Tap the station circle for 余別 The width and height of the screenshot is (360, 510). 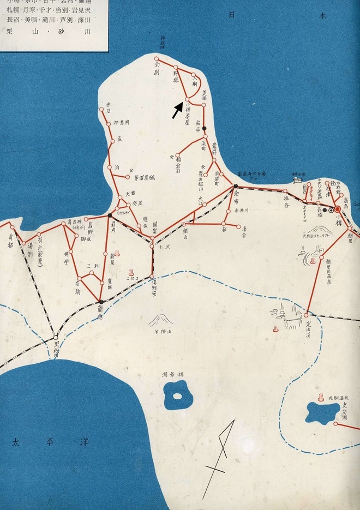pyautogui.click(x=157, y=59)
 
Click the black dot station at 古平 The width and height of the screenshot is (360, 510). pyautogui.click(x=205, y=128)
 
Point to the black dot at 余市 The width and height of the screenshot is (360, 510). pyautogui.click(x=235, y=186)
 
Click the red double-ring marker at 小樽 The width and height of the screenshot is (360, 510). pyautogui.click(x=337, y=209)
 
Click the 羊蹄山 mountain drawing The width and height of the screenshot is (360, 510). pyautogui.click(x=161, y=320)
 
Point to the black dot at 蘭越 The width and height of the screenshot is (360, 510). pyautogui.click(x=101, y=302)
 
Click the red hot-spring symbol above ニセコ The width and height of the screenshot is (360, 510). pyautogui.click(x=131, y=271)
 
